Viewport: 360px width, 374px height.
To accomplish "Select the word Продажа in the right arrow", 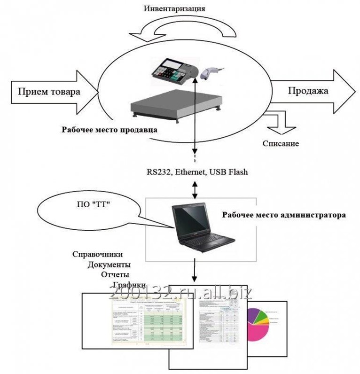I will [307, 90].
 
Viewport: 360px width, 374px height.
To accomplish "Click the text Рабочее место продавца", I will [109, 129].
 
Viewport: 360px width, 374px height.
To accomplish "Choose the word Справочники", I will [98, 254].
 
